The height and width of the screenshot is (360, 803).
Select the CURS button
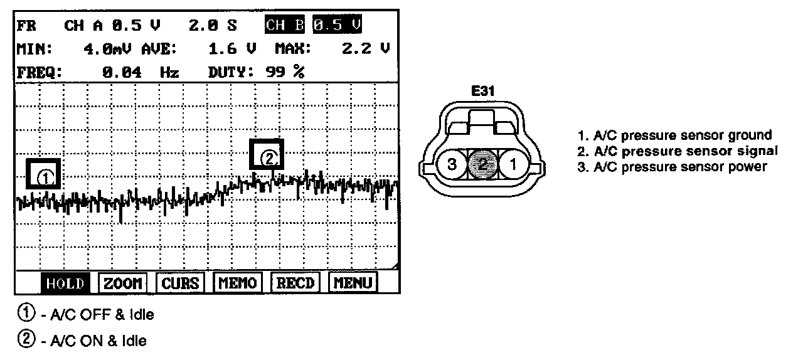pyautogui.click(x=180, y=283)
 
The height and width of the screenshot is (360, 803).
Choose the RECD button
pyautogui.click(x=295, y=283)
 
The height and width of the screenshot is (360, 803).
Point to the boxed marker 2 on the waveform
pyautogui.click(x=267, y=155)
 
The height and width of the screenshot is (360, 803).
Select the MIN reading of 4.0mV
pyautogui.click(x=109, y=48)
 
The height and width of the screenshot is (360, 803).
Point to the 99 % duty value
pyautogui.click(x=285, y=72)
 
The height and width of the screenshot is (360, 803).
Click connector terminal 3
pyautogui.click(x=451, y=166)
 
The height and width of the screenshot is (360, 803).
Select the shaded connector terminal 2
pyautogui.click(x=483, y=166)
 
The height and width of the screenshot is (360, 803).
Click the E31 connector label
pyautogui.click(x=483, y=92)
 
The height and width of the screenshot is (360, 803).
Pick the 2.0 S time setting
pyautogui.click(x=213, y=26)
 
